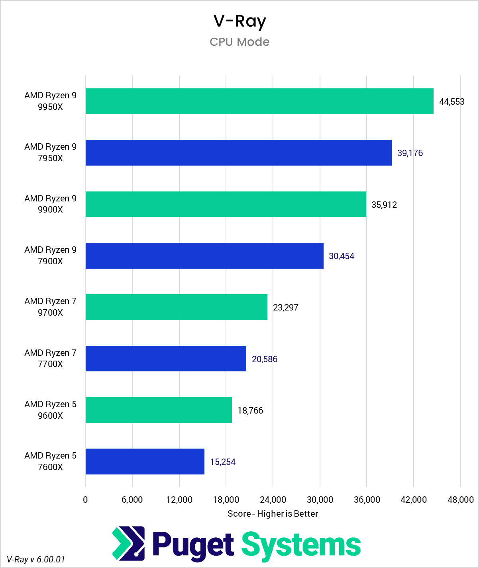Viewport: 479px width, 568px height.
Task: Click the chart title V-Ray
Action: (239, 21)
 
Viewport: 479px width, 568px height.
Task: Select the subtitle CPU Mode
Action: (239, 42)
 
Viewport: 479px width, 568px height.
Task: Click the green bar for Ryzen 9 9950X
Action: (259, 101)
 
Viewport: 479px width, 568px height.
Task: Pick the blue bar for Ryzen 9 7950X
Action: (238, 153)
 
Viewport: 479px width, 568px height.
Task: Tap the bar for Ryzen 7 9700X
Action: (176, 307)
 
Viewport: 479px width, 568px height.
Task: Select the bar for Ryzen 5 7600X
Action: (145, 462)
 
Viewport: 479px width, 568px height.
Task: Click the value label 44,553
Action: (452, 102)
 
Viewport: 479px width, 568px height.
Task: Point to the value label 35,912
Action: (384, 205)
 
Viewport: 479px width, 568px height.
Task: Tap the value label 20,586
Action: (265, 359)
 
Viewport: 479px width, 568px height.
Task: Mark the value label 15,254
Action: (223, 462)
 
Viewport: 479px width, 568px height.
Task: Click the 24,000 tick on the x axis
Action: (273, 500)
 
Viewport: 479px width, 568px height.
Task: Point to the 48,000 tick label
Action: (460, 500)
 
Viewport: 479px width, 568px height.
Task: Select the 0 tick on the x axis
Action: (85, 500)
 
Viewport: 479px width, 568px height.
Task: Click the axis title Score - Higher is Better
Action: (273, 514)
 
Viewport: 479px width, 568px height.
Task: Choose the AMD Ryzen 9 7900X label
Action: (50, 256)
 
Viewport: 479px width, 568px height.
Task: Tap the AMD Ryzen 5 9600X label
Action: (50, 410)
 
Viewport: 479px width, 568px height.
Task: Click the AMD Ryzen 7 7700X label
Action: (50, 358)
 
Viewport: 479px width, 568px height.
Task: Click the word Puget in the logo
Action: (193, 545)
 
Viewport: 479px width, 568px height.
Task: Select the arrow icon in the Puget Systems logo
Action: (128, 543)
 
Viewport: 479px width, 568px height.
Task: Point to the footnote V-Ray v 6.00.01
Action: (36, 559)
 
